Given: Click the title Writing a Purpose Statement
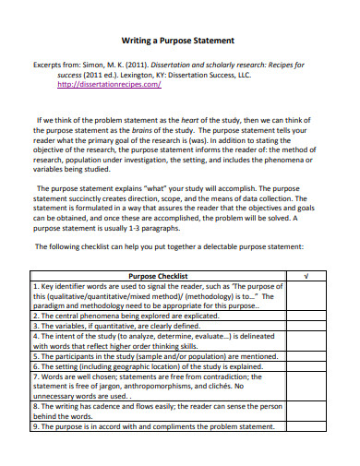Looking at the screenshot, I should click(179, 42).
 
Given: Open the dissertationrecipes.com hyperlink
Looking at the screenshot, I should click(110, 83).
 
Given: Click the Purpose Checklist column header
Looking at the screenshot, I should click(158, 276).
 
